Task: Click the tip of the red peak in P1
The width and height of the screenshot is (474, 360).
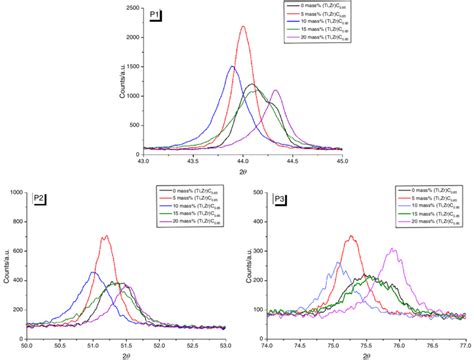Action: pyautogui.click(x=244, y=27)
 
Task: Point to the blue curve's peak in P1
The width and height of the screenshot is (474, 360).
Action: pyautogui.click(x=232, y=67)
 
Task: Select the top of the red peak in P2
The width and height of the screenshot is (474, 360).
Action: pyautogui.click(x=105, y=237)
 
